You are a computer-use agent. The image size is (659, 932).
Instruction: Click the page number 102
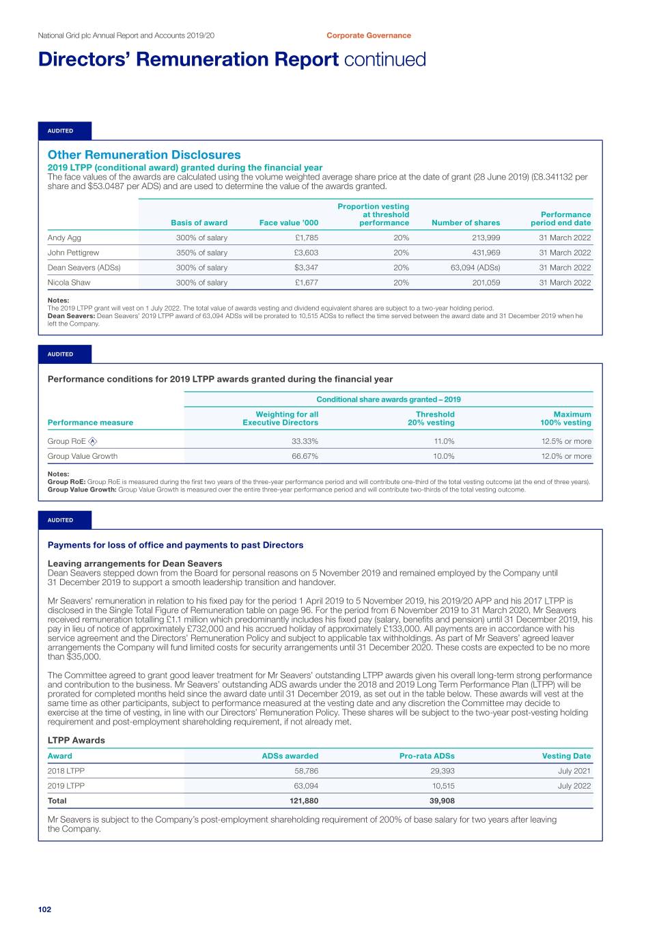[x=44, y=909]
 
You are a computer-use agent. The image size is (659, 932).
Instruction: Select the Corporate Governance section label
[x=369, y=36]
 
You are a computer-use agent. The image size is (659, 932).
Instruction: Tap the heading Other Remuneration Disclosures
[x=144, y=155]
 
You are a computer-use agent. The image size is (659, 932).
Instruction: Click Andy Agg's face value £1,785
[x=307, y=238]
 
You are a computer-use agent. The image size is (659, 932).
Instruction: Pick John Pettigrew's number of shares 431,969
[x=486, y=253]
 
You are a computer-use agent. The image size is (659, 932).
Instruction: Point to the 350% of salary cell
[x=201, y=253]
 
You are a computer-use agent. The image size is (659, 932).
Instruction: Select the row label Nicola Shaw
[x=69, y=283]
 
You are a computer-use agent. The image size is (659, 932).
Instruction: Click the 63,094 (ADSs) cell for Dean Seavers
[x=475, y=268]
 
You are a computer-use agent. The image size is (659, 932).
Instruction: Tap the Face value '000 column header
[x=289, y=223]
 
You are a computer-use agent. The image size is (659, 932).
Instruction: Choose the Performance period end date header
[x=561, y=218]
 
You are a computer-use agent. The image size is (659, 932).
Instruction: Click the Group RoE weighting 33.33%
[x=305, y=441]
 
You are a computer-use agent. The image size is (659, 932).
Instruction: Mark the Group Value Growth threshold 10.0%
[x=443, y=456]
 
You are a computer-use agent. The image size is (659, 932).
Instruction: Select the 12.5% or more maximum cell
[x=566, y=441]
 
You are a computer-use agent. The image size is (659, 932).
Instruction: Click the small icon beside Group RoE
[x=93, y=441]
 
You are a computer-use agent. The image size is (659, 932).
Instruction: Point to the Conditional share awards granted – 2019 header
[x=389, y=399]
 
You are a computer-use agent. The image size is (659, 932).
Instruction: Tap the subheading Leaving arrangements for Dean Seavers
[x=135, y=563]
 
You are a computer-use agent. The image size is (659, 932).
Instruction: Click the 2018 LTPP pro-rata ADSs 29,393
[x=443, y=771]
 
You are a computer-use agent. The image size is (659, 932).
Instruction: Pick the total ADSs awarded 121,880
[x=303, y=801]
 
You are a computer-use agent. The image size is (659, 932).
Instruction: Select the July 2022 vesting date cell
[x=574, y=786]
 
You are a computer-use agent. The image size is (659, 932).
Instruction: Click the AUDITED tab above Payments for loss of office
[x=61, y=520]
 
